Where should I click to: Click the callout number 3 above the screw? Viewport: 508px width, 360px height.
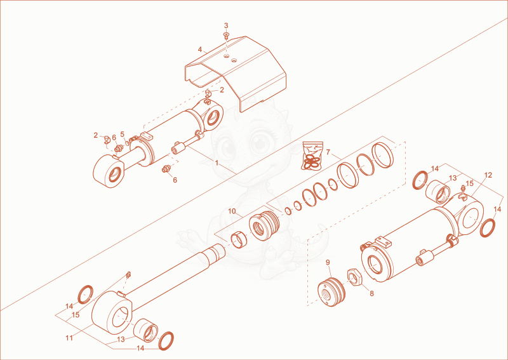coord(226,25)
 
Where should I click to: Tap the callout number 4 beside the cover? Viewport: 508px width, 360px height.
coord(200,50)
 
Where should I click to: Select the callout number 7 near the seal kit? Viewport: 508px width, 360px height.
coord(328,152)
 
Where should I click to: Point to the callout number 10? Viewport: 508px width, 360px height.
coord(232,211)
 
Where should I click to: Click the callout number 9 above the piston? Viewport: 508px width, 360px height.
coord(328,262)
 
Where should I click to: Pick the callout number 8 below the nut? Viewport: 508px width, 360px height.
coord(371,293)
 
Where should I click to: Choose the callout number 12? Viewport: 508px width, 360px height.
coord(488,175)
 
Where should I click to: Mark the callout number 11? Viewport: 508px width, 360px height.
coord(69,338)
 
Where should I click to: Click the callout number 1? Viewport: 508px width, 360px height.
coord(217,163)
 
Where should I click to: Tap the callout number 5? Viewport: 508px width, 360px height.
coord(122,134)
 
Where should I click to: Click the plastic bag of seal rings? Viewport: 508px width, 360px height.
coord(312,156)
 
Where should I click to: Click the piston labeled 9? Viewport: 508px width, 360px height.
coord(331,291)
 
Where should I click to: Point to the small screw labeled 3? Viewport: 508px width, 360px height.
coord(226,36)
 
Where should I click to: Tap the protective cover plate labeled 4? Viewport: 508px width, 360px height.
coord(236,73)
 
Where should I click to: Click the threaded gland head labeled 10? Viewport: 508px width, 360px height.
coord(264,225)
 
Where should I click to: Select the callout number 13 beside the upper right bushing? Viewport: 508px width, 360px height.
coord(453,178)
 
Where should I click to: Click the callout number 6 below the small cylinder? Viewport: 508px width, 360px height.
coord(175,180)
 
